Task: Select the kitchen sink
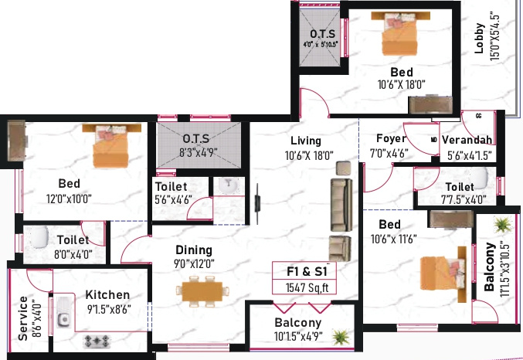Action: [60, 312]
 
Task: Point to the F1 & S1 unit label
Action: [304, 270]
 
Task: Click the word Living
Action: [306, 141]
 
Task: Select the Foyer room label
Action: [391, 139]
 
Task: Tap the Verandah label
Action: [470, 140]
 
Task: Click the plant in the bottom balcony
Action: [338, 336]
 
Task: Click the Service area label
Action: [23, 318]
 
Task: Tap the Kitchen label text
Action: [107, 294]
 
